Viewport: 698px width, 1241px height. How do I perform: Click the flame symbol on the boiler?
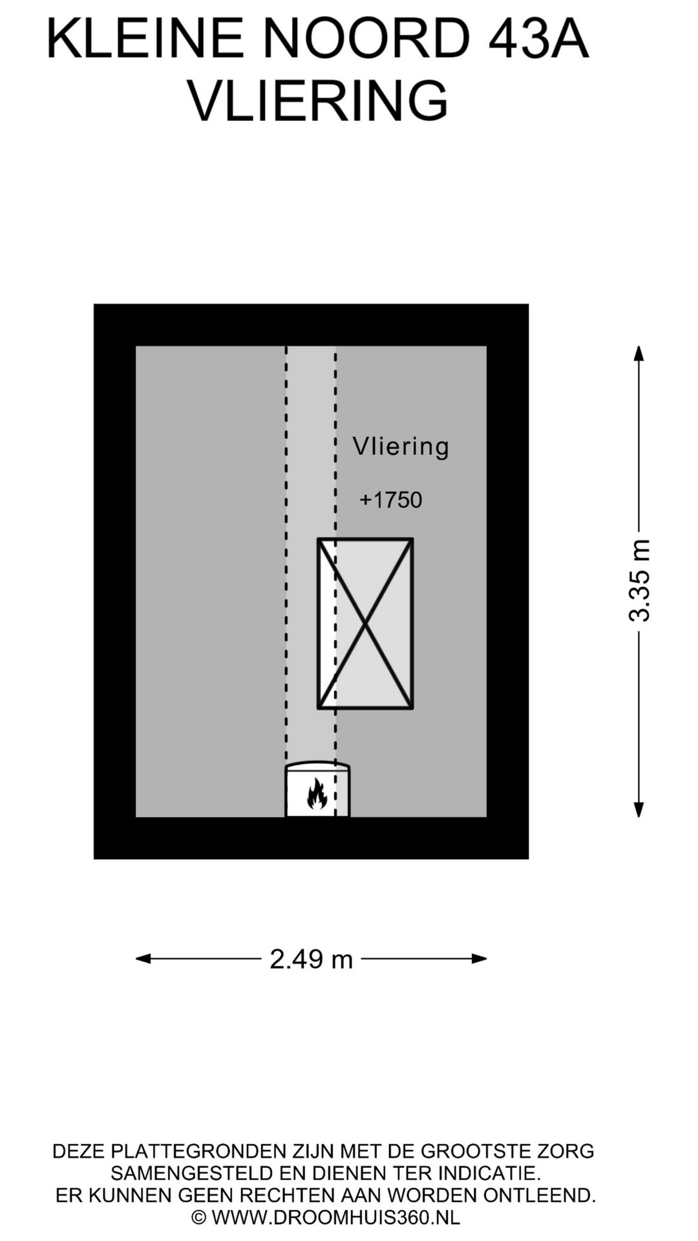[x=316, y=793]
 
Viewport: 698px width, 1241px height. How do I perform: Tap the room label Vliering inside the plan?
[x=401, y=447]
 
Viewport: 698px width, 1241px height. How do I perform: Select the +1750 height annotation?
[x=390, y=500]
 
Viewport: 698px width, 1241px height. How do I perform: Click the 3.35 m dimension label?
[x=639, y=580]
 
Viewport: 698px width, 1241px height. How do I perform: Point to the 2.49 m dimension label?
[x=312, y=959]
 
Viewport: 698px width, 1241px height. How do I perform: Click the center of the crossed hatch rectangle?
[x=365, y=624]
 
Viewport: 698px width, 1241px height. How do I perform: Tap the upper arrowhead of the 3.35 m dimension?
[x=639, y=354]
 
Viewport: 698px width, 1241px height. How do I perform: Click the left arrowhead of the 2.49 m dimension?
[x=143, y=959]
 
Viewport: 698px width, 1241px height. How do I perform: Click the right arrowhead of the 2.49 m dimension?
[x=479, y=959]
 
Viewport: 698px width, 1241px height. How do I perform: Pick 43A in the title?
[x=538, y=39]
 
